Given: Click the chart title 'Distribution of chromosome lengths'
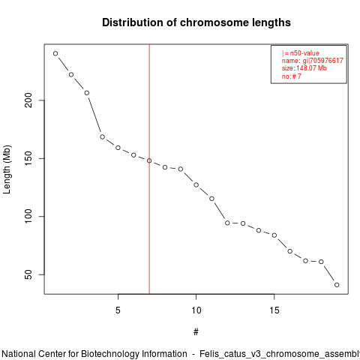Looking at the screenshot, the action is (196, 22).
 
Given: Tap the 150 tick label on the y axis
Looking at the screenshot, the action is (28, 158).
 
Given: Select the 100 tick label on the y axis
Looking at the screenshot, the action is (28, 217).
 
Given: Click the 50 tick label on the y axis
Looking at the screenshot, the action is (28, 274).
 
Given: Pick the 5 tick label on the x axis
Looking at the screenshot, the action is (118, 310).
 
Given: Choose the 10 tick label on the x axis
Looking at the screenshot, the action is (196, 310).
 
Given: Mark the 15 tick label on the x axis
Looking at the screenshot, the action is (274, 310).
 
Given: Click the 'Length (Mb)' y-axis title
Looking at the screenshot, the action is (7, 169).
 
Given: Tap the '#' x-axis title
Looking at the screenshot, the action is (196, 332).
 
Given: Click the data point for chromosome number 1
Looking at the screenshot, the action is (55, 53).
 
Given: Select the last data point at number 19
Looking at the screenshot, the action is (337, 285).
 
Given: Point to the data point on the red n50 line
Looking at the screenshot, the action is (149, 160).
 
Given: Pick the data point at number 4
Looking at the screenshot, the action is (102, 136).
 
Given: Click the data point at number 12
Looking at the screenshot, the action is (227, 223).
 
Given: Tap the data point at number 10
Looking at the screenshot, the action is (196, 184).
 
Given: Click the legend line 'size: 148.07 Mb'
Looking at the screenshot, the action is (304, 68).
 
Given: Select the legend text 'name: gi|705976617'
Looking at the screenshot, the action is (313, 61).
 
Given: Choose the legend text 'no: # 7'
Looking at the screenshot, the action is (292, 76).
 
